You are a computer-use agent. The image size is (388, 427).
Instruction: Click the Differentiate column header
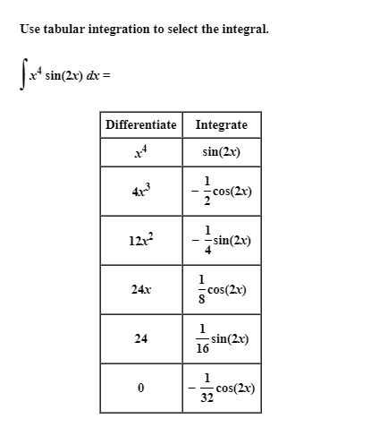[x=140, y=124]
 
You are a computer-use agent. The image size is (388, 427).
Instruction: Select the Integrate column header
[x=222, y=124]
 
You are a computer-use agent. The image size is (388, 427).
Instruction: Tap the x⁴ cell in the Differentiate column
[x=139, y=152]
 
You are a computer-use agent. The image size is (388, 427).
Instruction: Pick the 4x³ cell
[x=139, y=191]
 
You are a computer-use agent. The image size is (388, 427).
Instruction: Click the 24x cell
[x=139, y=290]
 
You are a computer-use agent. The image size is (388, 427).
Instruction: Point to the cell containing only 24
[x=139, y=339]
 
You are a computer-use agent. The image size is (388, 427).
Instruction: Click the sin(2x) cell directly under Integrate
[x=222, y=152]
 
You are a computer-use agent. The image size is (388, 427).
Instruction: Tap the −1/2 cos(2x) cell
[x=222, y=191]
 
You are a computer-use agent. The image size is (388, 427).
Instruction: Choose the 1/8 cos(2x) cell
[x=222, y=290]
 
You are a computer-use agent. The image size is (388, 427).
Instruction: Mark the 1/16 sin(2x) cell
[x=222, y=339]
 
